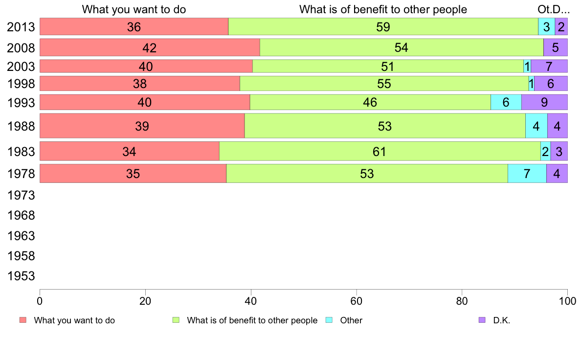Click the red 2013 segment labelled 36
(134, 27)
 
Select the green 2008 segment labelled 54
(402, 47)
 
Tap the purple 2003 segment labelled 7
(549, 66)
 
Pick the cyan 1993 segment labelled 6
(506, 102)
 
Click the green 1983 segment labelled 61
(380, 151)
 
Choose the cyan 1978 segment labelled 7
(527, 174)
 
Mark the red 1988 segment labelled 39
(142, 126)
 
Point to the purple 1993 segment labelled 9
(544, 102)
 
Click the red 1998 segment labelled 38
(140, 84)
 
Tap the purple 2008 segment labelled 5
(555, 47)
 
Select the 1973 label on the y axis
(21, 196)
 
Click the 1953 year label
(21, 276)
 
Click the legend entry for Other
(351, 320)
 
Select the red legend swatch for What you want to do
(23, 320)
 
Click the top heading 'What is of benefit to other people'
(383, 9)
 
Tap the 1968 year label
(21, 216)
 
